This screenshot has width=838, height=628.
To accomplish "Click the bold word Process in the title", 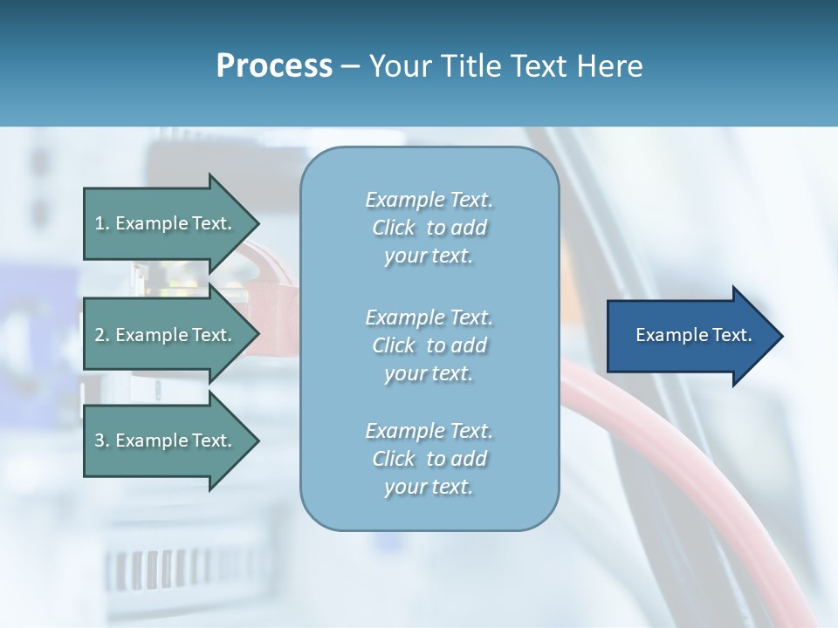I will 274,65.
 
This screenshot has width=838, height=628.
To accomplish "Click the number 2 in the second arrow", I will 100,335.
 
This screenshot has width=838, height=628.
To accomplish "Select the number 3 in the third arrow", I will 100,440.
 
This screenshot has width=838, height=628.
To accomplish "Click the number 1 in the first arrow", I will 100,223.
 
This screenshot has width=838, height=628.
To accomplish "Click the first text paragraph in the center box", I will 429,228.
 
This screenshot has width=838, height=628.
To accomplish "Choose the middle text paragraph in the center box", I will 429,345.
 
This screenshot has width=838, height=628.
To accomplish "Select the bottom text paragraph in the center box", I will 429,459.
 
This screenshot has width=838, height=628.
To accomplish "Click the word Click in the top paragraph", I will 394,228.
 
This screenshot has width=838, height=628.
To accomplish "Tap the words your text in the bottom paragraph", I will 429,487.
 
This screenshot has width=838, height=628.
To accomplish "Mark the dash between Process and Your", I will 350,66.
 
